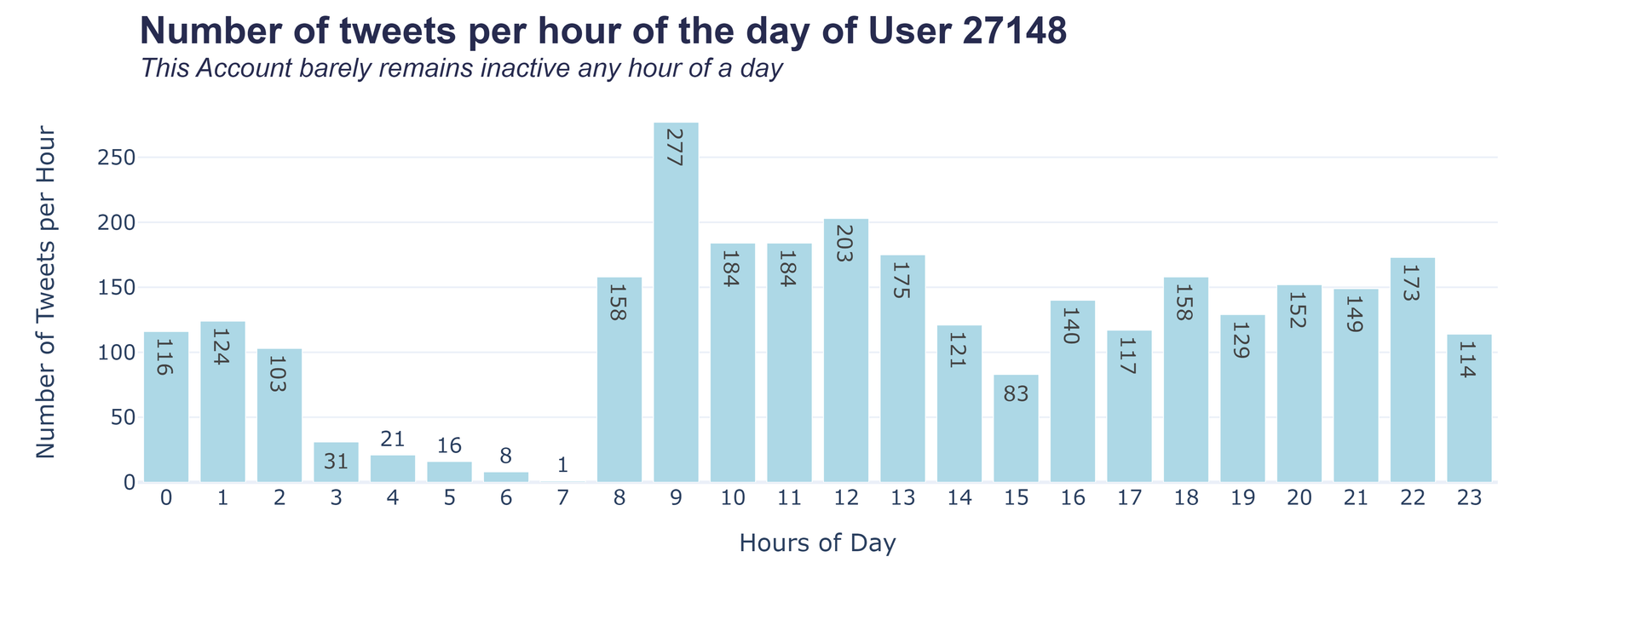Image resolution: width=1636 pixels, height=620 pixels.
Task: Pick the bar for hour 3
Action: tap(336, 462)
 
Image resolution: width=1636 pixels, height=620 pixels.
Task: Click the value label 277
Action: tap(676, 147)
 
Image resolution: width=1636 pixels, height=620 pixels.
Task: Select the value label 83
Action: tap(1016, 394)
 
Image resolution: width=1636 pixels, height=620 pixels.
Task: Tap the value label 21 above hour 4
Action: tap(393, 439)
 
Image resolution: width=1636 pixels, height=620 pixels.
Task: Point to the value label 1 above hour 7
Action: tap(562, 466)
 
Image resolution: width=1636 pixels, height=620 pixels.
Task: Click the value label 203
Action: tap(845, 244)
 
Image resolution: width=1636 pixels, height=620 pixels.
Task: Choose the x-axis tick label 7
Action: tap(562, 499)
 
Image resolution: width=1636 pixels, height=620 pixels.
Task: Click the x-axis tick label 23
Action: tap(1469, 499)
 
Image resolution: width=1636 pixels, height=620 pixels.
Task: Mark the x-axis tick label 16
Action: tap(1073, 499)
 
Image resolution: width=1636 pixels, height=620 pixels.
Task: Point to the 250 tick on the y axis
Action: tap(118, 158)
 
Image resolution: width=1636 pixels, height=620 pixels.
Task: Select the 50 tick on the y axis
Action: tap(123, 417)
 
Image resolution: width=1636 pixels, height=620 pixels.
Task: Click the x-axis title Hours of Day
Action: tap(817, 543)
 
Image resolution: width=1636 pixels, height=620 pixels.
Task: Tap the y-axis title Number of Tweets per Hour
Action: tap(46, 293)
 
